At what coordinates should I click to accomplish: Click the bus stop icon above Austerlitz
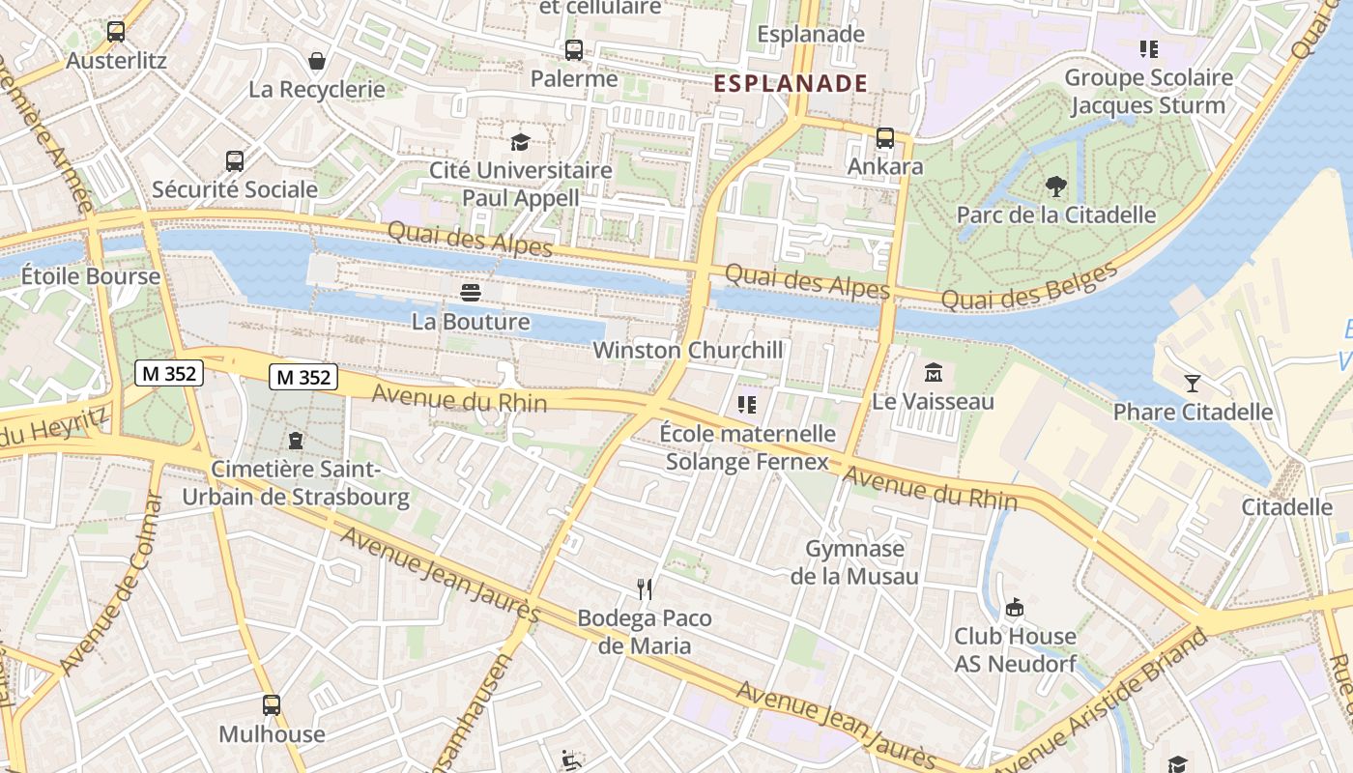tap(116, 32)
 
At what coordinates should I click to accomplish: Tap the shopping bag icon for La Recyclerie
tap(317, 62)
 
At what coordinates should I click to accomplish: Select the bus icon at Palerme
tap(574, 50)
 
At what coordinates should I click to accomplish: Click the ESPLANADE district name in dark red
tap(791, 83)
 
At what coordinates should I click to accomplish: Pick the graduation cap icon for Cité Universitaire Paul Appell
tap(521, 143)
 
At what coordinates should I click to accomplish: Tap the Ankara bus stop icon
tap(885, 138)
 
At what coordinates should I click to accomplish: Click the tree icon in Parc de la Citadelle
tap(1055, 186)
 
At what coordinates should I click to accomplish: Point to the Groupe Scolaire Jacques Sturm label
tap(1148, 92)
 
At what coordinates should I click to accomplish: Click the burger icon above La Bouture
tap(471, 293)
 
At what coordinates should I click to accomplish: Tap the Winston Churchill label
tap(688, 350)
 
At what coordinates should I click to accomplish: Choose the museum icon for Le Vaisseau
tap(934, 373)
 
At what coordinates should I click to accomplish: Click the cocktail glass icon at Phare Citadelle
tap(1193, 384)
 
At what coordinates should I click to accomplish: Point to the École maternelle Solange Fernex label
tap(747, 447)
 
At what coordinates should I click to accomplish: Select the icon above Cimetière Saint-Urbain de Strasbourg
tap(295, 442)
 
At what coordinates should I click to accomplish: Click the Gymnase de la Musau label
tap(854, 562)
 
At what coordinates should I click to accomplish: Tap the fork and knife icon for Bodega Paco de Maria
tap(645, 588)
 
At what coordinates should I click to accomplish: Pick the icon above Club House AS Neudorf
tap(1015, 608)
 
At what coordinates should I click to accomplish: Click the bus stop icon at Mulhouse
tap(272, 705)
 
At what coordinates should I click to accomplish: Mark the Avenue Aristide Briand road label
tap(1102, 704)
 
